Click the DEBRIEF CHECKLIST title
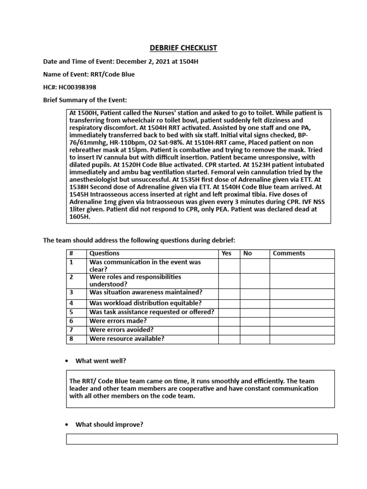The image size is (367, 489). pyautogui.click(x=183, y=48)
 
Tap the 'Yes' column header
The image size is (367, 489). pyautogui.click(x=227, y=254)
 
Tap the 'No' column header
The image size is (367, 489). pyautogui.click(x=248, y=254)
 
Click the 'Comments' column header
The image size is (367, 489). pyautogui.click(x=289, y=254)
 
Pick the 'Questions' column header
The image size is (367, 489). pyautogui.click(x=104, y=254)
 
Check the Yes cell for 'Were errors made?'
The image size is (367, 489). pyautogui.click(x=229, y=321)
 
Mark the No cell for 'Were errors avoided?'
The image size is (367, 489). pyautogui.click(x=254, y=330)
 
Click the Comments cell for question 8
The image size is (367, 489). pyautogui.click(x=302, y=339)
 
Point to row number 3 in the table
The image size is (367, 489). pyautogui.click(x=71, y=292)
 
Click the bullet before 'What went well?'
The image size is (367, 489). pyautogui.click(x=67, y=361)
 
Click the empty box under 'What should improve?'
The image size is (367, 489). pyautogui.click(x=202, y=439)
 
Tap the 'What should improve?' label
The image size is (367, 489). pyautogui.click(x=109, y=425)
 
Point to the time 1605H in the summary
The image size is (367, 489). pyautogui.click(x=80, y=216)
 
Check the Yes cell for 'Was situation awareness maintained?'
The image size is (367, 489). pyautogui.click(x=229, y=293)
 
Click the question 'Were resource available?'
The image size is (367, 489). pyautogui.click(x=127, y=339)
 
